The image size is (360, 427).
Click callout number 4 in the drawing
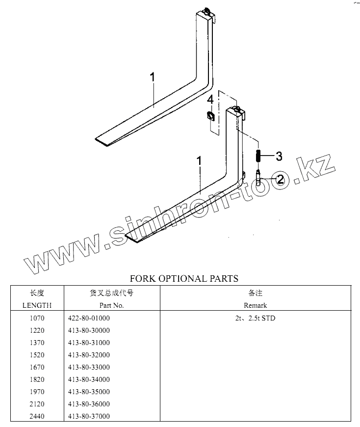(210, 100)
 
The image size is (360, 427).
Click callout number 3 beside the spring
(279, 157)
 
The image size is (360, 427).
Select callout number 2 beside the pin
(280, 180)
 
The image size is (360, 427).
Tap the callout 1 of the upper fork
(153, 77)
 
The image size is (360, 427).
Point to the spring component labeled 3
(257, 157)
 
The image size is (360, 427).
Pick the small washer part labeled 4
(210, 116)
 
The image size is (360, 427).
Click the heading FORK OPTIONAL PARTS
(184, 279)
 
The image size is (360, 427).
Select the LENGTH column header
(37, 305)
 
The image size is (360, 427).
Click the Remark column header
(256, 305)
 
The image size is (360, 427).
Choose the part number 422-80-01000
(89, 319)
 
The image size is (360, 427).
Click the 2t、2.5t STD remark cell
(255, 319)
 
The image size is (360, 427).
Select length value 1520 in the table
(37, 355)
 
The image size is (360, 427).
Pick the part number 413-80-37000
(89, 417)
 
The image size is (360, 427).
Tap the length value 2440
(37, 417)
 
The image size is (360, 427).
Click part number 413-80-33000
(89, 368)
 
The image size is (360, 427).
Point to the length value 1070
(37, 319)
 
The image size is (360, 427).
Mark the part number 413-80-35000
(89, 392)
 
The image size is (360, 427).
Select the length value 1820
(37, 380)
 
